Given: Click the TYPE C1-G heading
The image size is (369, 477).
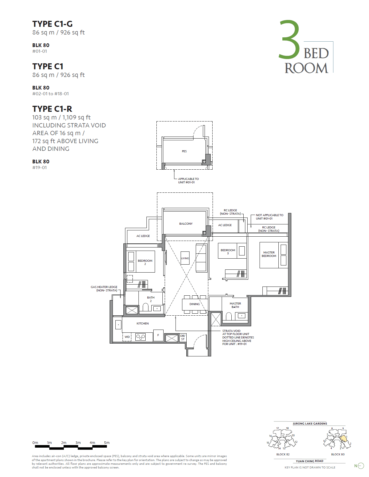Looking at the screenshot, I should (52, 24).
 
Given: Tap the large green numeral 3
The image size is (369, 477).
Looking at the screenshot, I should (289, 40).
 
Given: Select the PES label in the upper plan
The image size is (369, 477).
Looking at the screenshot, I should (184, 151).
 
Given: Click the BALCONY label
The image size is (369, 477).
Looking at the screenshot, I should (186, 224).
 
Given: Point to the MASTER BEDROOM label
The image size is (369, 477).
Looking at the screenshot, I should (269, 254).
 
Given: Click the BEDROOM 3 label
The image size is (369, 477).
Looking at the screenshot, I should (228, 251).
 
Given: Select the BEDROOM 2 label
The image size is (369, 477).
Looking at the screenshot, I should (145, 262).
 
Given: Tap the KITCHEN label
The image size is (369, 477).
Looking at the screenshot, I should (142, 324).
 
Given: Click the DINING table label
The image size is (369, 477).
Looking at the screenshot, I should (195, 304).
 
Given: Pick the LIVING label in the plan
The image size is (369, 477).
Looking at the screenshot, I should (185, 258).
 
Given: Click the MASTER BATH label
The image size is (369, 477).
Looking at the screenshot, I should (235, 305).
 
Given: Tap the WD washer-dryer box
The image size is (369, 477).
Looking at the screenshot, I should (127, 337).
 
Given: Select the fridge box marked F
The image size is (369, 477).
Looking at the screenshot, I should (158, 335).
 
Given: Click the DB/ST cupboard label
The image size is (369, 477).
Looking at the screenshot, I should (183, 337).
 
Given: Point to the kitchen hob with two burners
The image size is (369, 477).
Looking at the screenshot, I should (140, 337).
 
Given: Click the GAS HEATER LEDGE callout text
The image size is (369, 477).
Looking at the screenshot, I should (104, 289).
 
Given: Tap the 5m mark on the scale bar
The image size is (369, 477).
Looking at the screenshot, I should (107, 443).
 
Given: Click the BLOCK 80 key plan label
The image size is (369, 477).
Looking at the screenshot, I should (338, 454).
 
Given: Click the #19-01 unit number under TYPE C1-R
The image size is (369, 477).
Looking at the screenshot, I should (40, 168).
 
